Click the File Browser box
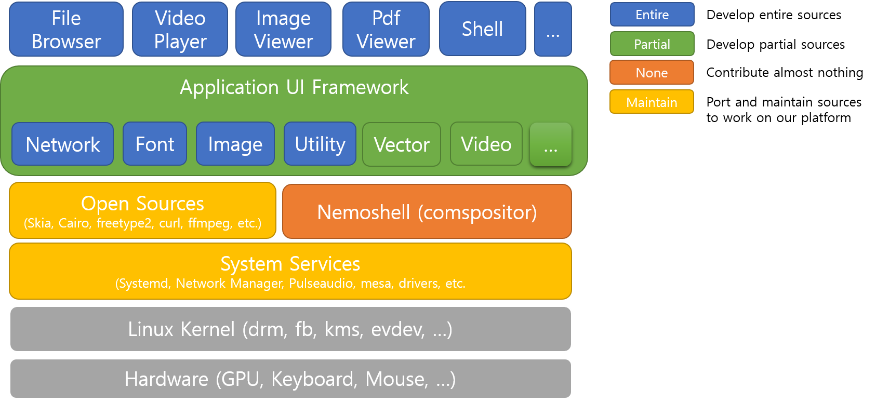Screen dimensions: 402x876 pos(66,30)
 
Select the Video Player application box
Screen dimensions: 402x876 pos(180,30)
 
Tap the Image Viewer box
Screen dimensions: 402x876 pos(283,30)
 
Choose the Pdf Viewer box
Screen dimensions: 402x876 pos(386,30)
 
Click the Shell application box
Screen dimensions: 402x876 pos(482,29)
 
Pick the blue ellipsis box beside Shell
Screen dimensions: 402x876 pos(553,30)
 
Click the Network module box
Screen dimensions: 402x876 pos(62,144)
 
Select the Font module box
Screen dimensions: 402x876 pos(155,144)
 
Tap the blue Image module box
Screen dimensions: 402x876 pos(235,144)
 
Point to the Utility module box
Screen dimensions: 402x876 pos(320,144)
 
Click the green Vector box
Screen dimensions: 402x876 pos(402,144)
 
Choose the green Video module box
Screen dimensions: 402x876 pos(486,144)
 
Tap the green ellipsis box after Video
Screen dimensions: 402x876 pos(551,144)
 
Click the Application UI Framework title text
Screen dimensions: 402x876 pos(294,87)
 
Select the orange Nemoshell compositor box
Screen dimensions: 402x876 pos(427,212)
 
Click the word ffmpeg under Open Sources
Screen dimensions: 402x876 pos(209,223)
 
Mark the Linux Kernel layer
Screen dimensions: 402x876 pos(290,329)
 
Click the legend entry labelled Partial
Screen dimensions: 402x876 pos(652,44)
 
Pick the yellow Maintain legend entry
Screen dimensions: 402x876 pos(652,102)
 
